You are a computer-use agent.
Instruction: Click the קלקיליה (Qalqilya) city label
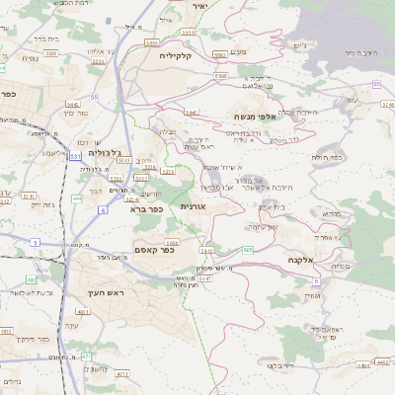pos(181,56)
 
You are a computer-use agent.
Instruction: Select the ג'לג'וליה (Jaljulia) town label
pos(106,153)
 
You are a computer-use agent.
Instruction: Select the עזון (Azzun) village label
pos(354,100)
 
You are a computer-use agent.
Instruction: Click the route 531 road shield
pos(75,156)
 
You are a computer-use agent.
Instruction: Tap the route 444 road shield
pos(77,197)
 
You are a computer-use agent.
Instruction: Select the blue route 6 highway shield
pos(102,209)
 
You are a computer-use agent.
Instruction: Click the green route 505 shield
pos(247,250)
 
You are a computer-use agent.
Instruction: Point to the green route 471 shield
pos(85,355)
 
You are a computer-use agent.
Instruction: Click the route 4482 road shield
pos(206,251)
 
